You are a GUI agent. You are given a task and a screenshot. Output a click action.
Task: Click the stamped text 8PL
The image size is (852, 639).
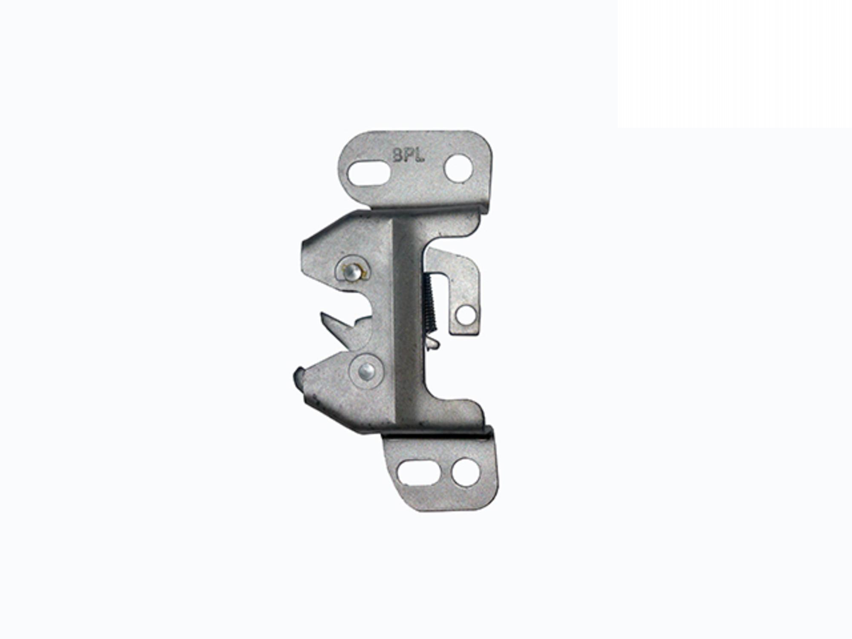(x=408, y=155)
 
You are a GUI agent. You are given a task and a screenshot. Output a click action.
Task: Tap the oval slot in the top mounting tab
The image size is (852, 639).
(x=369, y=173)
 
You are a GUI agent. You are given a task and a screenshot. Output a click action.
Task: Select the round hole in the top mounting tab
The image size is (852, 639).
(x=459, y=169)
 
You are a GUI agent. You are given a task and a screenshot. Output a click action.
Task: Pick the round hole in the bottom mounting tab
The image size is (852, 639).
(x=465, y=472)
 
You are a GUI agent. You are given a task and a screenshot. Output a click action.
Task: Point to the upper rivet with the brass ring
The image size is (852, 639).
(x=351, y=272)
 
